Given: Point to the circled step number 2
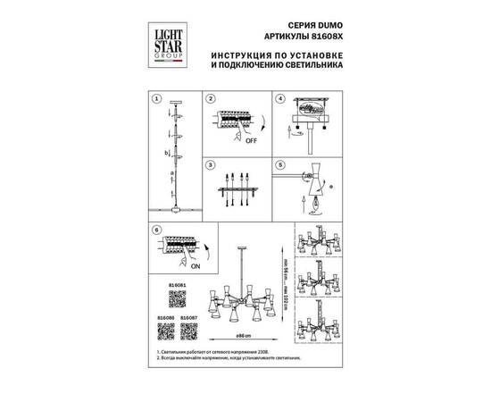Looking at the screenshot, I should coord(211,100).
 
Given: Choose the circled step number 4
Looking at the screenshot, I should coord(279,100).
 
